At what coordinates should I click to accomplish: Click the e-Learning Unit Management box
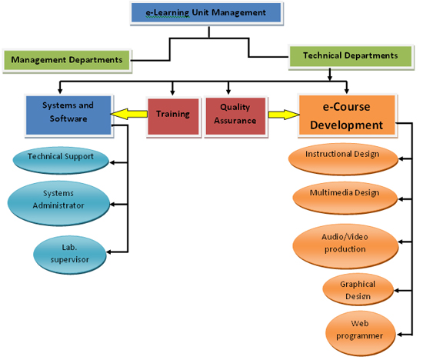pyautogui.click(x=207, y=13)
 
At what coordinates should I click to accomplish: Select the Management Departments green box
pyautogui.click(x=67, y=61)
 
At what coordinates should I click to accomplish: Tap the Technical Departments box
pyautogui.click(x=351, y=56)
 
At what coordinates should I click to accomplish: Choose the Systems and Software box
pyautogui.click(x=68, y=115)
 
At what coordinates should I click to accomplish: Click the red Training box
pyautogui.click(x=173, y=116)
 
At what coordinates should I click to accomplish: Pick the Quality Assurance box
pyautogui.click(x=236, y=116)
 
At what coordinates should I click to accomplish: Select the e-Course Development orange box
pyautogui.click(x=347, y=115)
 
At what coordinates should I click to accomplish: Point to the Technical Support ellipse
pyautogui.click(x=61, y=161)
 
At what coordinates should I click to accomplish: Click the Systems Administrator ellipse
pyautogui.click(x=58, y=203)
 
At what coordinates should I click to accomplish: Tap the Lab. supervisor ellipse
pyautogui.click(x=69, y=255)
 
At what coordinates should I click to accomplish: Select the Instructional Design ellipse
pyautogui.click(x=343, y=158)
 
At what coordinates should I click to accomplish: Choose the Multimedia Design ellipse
pyautogui.click(x=345, y=198)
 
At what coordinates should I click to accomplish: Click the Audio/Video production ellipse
pyautogui.click(x=345, y=246)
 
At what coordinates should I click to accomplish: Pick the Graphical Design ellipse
pyautogui.click(x=358, y=289)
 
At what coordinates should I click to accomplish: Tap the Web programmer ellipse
pyautogui.click(x=360, y=333)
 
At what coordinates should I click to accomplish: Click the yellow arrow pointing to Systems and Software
pyautogui.click(x=129, y=114)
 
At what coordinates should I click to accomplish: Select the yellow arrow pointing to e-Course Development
pyautogui.click(x=284, y=115)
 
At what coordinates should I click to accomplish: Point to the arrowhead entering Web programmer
pyautogui.click(x=399, y=335)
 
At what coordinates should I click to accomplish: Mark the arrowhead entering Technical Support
pyautogui.click(x=112, y=163)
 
